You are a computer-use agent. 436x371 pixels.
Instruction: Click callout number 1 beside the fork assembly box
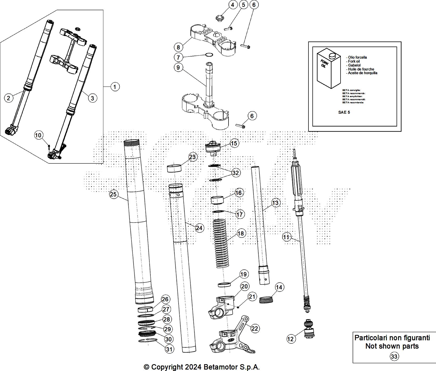[115, 87]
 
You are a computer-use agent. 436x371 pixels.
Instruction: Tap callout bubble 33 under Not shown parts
[394, 357]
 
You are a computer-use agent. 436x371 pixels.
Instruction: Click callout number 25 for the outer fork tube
[113, 194]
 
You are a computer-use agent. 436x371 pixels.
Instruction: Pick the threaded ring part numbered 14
[266, 299]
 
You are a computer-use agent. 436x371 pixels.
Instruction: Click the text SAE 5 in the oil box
[344, 112]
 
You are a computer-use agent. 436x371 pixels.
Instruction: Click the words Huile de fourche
[361, 69]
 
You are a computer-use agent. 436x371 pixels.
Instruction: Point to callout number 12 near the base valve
[291, 339]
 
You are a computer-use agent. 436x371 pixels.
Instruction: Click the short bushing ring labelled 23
[174, 168]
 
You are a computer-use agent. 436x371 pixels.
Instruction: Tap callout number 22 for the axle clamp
[255, 328]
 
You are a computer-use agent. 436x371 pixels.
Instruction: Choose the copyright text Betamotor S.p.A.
[231, 367]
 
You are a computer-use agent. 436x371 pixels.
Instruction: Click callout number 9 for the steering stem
[178, 67]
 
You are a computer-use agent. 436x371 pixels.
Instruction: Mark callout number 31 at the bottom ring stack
[169, 349]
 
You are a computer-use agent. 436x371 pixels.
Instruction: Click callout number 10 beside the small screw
[38, 136]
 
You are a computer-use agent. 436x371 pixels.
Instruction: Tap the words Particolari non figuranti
[392, 338]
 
